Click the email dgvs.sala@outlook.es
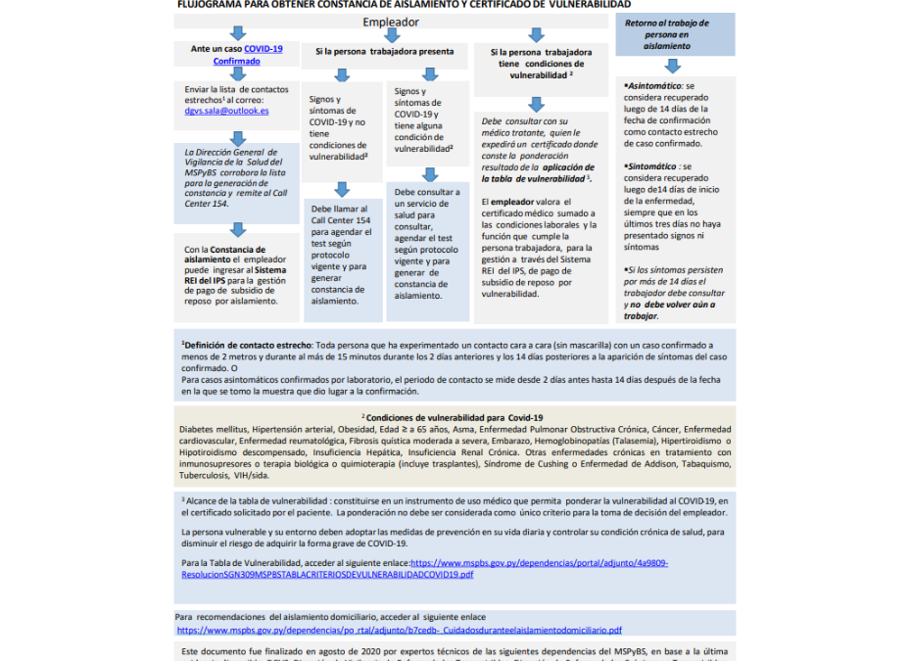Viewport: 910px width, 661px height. tap(225, 112)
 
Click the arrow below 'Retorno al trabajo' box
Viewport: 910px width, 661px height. tap(672, 66)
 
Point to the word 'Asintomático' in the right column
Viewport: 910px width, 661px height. tap(656, 86)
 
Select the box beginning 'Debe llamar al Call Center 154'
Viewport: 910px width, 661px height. tap(342, 255)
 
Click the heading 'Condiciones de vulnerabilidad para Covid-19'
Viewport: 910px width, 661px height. tap(455, 417)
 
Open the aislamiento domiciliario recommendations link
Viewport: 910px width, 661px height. tap(399, 630)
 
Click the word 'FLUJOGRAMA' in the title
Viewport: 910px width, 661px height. tap(210, 4)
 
